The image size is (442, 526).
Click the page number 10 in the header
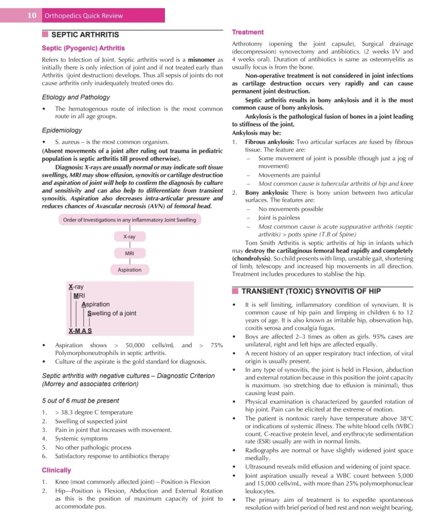(32, 15)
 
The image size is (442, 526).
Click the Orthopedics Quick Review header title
(84, 16)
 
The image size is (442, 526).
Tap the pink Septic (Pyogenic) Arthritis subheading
(83, 49)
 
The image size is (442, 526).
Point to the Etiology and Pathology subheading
(76, 97)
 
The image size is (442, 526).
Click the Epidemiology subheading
(62, 130)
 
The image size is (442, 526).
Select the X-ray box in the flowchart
(130, 237)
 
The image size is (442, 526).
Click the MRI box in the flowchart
(130, 253)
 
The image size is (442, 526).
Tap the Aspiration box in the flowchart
(130, 270)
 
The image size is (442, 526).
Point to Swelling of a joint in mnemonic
(112, 313)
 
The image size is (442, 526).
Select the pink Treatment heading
(248, 32)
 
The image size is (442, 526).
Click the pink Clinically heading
(56, 470)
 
